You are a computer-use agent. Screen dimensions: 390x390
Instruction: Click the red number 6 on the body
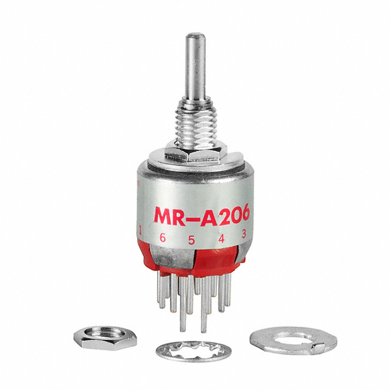click(x=162, y=238)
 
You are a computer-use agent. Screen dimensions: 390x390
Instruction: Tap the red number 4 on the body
click(x=221, y=238)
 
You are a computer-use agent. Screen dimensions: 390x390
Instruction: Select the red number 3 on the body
click(x=244, y=232)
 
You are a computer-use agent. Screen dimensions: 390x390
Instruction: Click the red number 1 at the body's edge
click(x=141, y=230)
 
